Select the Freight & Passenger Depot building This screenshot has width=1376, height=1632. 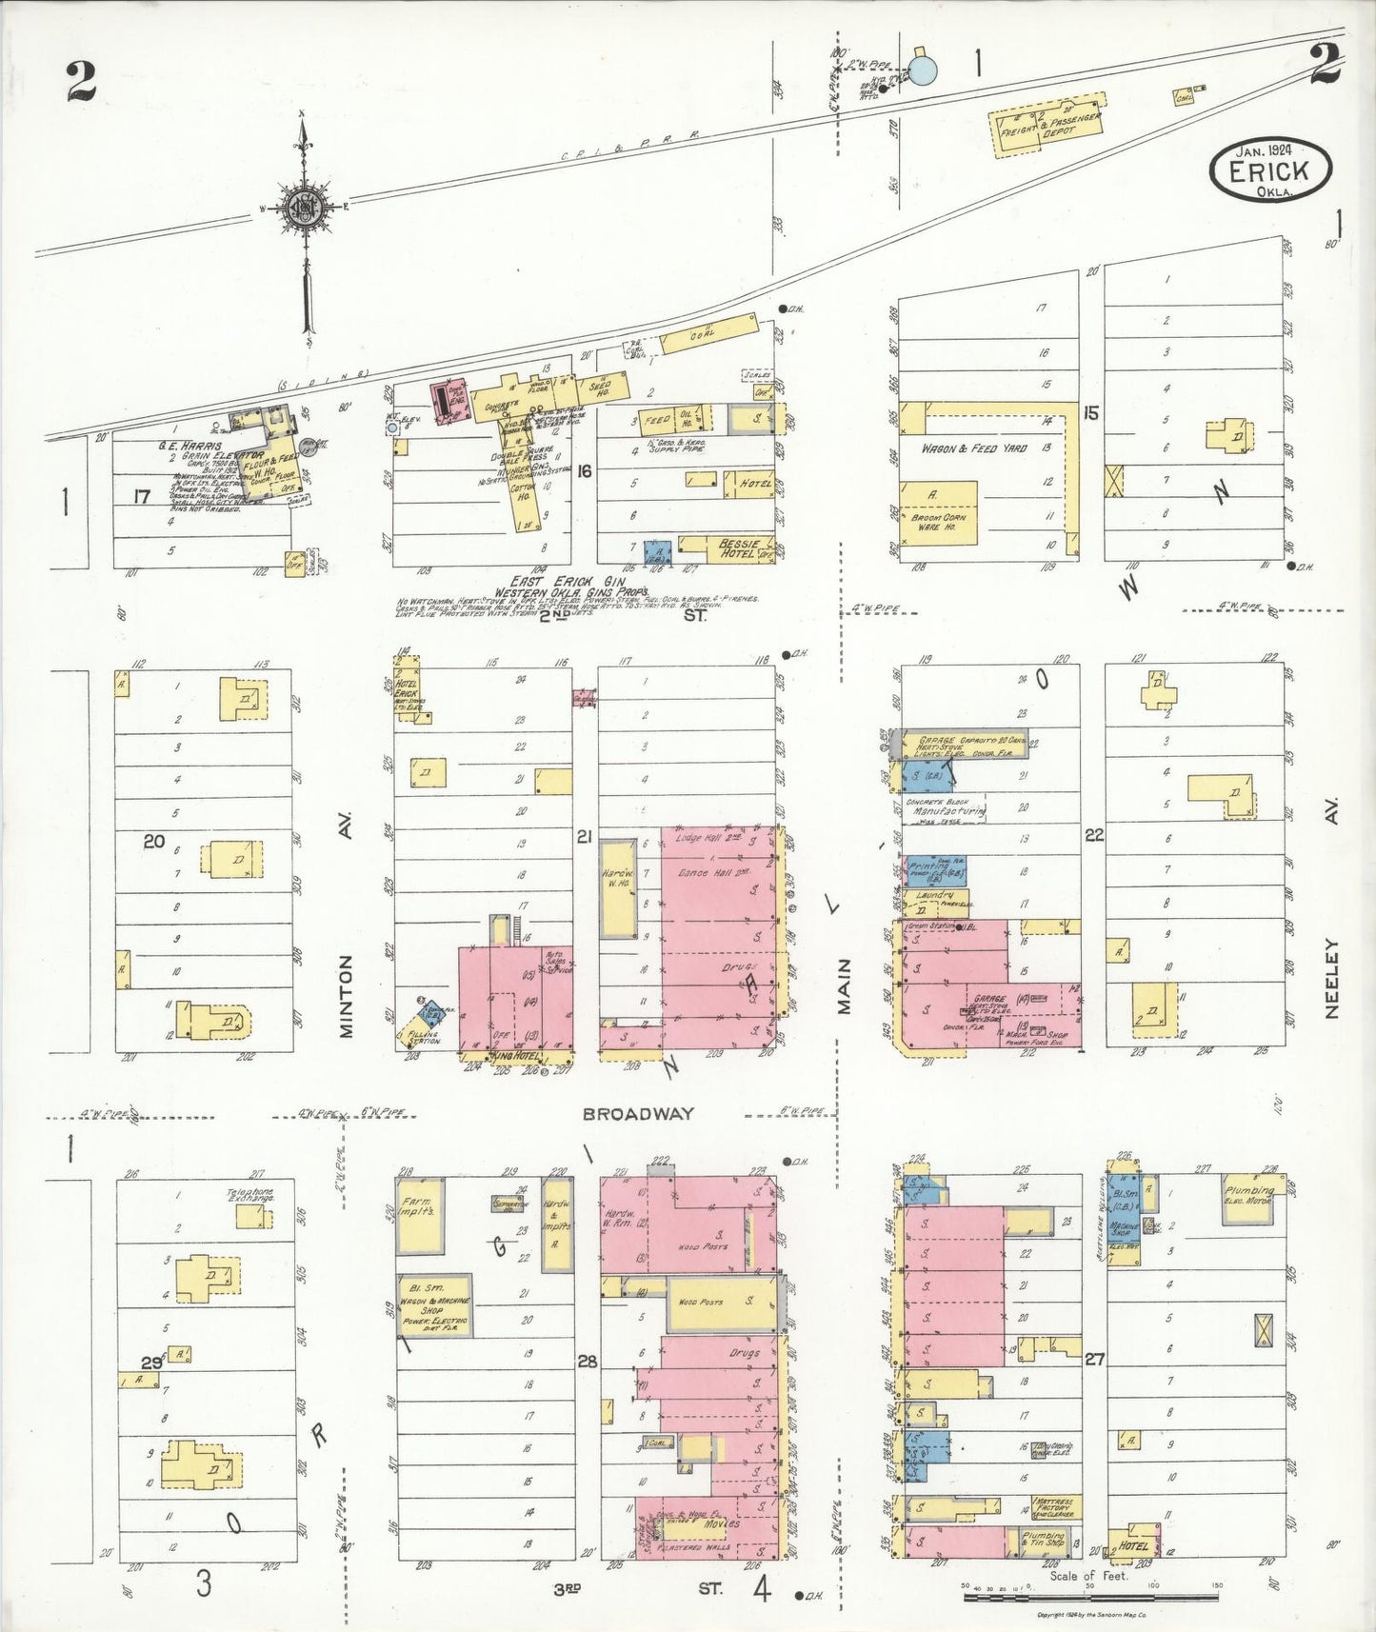1048,125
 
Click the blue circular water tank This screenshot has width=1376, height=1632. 923,70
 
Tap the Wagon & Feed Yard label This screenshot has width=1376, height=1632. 972,448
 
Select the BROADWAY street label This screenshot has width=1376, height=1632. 638,1113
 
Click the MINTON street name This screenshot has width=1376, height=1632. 346,996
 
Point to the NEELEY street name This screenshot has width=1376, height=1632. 1330,979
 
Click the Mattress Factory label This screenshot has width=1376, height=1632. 1051,1504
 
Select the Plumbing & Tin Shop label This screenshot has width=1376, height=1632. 1042,1539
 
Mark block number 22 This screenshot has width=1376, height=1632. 1094,835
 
